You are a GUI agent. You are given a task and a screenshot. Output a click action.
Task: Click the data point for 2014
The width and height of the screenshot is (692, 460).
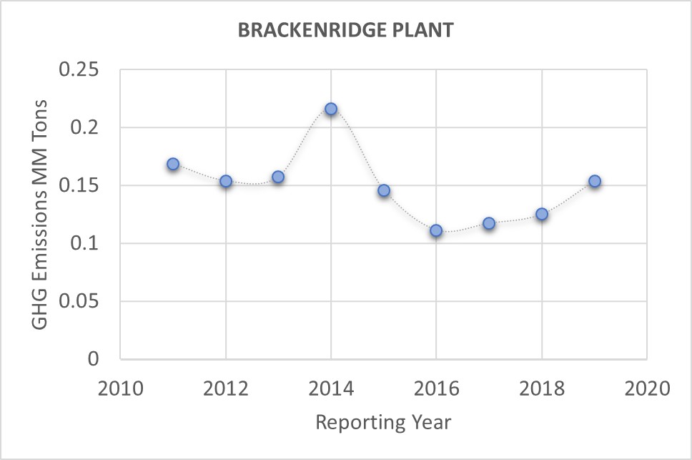point(331,109)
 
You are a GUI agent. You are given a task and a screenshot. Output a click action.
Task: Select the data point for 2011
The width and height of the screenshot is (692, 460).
point(173,164)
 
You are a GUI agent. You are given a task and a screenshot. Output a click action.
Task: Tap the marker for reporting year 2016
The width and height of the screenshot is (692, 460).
point(436,230)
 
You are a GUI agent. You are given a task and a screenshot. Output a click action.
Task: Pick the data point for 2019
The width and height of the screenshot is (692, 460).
point(594,181)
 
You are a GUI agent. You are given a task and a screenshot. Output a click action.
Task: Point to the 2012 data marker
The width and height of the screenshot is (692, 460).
point(226,181)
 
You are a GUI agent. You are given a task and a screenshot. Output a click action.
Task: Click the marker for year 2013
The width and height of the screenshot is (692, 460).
point(278,177)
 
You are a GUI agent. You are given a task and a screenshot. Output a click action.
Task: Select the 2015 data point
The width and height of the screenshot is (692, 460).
point(384,190)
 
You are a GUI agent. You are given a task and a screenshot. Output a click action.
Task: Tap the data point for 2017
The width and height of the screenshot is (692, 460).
point(489,223)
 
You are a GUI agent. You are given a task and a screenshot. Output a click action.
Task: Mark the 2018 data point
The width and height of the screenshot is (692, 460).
point(542,214)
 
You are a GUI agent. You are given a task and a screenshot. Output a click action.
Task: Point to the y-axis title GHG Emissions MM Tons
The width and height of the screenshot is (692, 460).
point(41,214)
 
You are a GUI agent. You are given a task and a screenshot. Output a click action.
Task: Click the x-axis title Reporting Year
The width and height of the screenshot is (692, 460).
point(383,422)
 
